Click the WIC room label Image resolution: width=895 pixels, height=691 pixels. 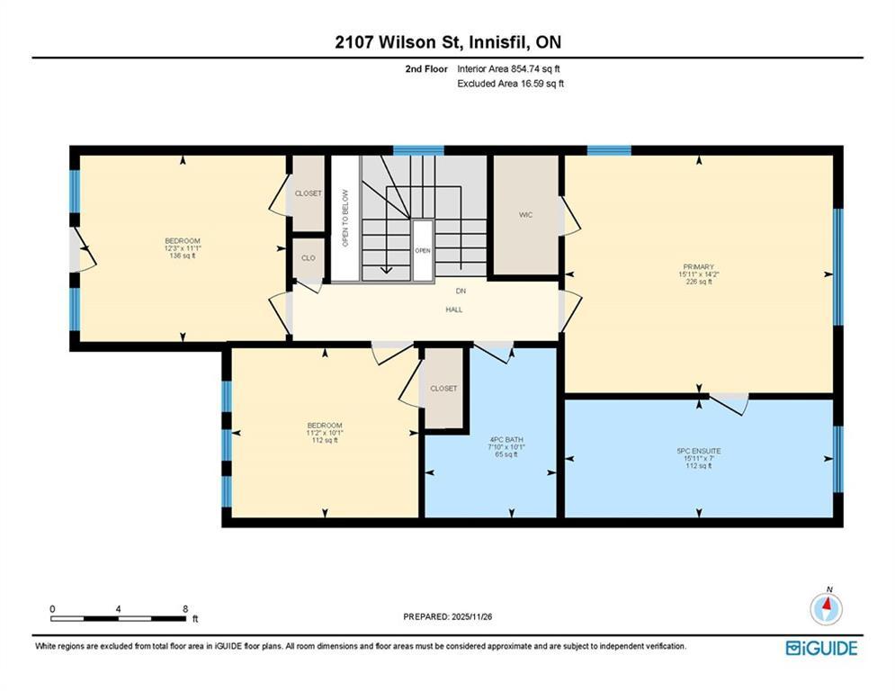coord(525,215)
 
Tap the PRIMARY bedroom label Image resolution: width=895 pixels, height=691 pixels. coord(699,266)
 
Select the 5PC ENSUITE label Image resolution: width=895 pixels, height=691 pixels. coord(699,451)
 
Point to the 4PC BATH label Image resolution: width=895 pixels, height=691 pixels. coord(506,440)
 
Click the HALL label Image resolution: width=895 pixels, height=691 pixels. coord(454,310)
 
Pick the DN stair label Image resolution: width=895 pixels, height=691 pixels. coord(461,292)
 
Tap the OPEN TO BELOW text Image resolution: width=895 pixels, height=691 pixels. coord(345,218)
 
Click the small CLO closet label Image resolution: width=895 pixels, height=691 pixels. coord(309,258)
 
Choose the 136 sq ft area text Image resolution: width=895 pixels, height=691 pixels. coord(183,256)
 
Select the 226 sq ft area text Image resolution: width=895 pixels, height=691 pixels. coord(699,282)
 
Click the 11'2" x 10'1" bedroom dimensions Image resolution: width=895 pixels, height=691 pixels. coord(325,433)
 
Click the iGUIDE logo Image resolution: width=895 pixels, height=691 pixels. coord(821,648)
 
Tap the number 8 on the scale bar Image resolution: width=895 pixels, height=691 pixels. coord(185,609)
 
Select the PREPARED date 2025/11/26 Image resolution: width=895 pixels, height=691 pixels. coord(471,616)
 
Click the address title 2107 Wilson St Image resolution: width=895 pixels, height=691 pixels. coord(399,42)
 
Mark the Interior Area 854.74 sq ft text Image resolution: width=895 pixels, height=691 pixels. coord(508,69)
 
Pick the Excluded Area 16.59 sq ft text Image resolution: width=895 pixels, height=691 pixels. coord(511,84)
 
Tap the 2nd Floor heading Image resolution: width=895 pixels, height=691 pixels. coord(426,69)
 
